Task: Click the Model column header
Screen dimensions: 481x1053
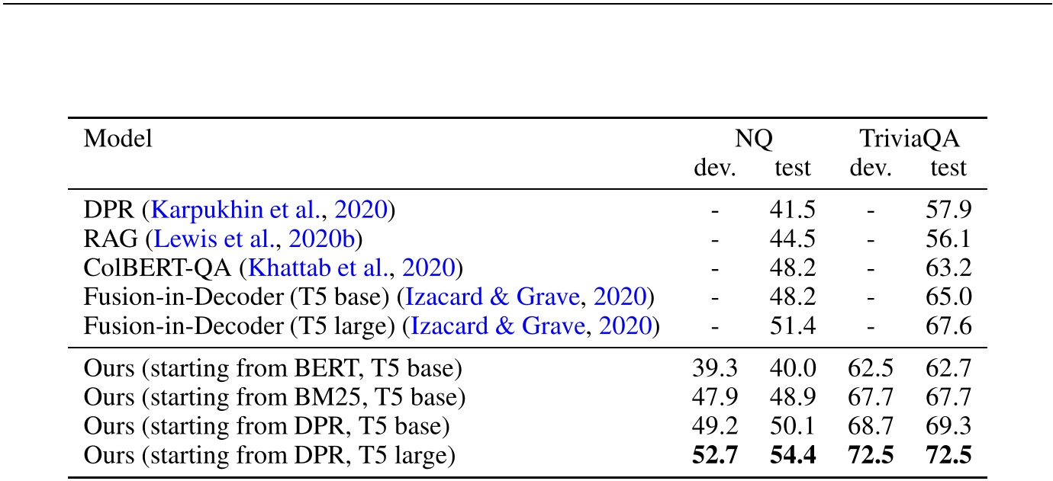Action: coord(118,139)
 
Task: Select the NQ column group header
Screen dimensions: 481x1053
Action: coord(753,139)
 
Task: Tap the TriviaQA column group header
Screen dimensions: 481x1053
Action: coord(909,139)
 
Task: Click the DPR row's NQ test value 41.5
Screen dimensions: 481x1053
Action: coord(793,209)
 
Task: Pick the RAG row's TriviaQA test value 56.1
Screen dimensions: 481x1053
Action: coord(948,239)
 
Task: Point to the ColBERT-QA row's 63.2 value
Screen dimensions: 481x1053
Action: coord(948,268)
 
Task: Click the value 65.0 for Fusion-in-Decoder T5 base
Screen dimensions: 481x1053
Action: coord(948,297)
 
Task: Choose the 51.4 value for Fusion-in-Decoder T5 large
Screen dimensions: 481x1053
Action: coord(793,326)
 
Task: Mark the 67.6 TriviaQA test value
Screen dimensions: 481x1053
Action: coord(948,326)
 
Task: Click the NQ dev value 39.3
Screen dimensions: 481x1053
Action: coord(715,369)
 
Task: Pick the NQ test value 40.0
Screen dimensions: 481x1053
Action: coord(793,369)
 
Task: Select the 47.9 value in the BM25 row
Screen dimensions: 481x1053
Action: coord(715,398)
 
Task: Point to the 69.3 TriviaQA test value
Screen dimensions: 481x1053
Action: coord(948,427)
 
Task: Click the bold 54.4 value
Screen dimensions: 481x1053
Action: coord(793,457)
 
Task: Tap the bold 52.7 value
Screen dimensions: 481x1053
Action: coord(715,457)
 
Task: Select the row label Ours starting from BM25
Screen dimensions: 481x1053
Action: coord(274,398)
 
